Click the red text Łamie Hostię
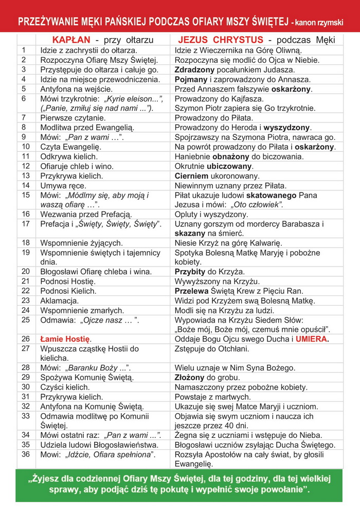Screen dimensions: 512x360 [65, 339]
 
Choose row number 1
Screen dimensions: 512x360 [24, 50]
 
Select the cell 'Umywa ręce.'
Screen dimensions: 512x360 [63, 185]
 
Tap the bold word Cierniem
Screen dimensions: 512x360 [190, 176]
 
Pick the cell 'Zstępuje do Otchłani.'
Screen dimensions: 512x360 [212, 349]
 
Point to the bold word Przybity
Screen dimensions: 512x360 [190, 271]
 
